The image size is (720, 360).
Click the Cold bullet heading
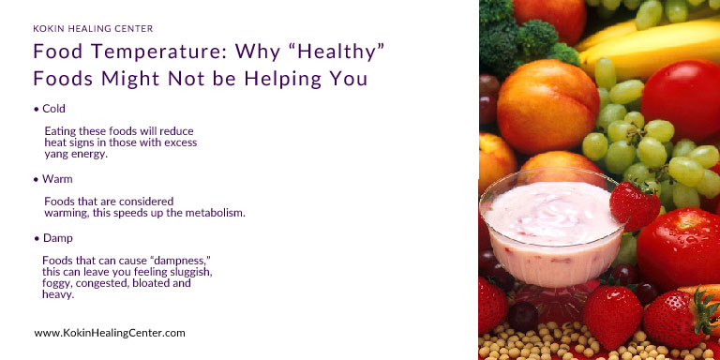click(x=53, y=109)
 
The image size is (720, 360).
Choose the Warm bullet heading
click(x=57, y=178)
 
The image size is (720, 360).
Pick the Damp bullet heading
click(x=57, y=238)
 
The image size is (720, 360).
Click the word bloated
click(x=150, y=283)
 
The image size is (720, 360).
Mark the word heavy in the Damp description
click(x=57, y=294)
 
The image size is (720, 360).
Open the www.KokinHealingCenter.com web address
click(x=110, y=333)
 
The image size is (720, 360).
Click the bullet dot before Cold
click(x=36, y=110)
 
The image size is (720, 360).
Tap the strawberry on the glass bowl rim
click(x=635, y=205)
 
